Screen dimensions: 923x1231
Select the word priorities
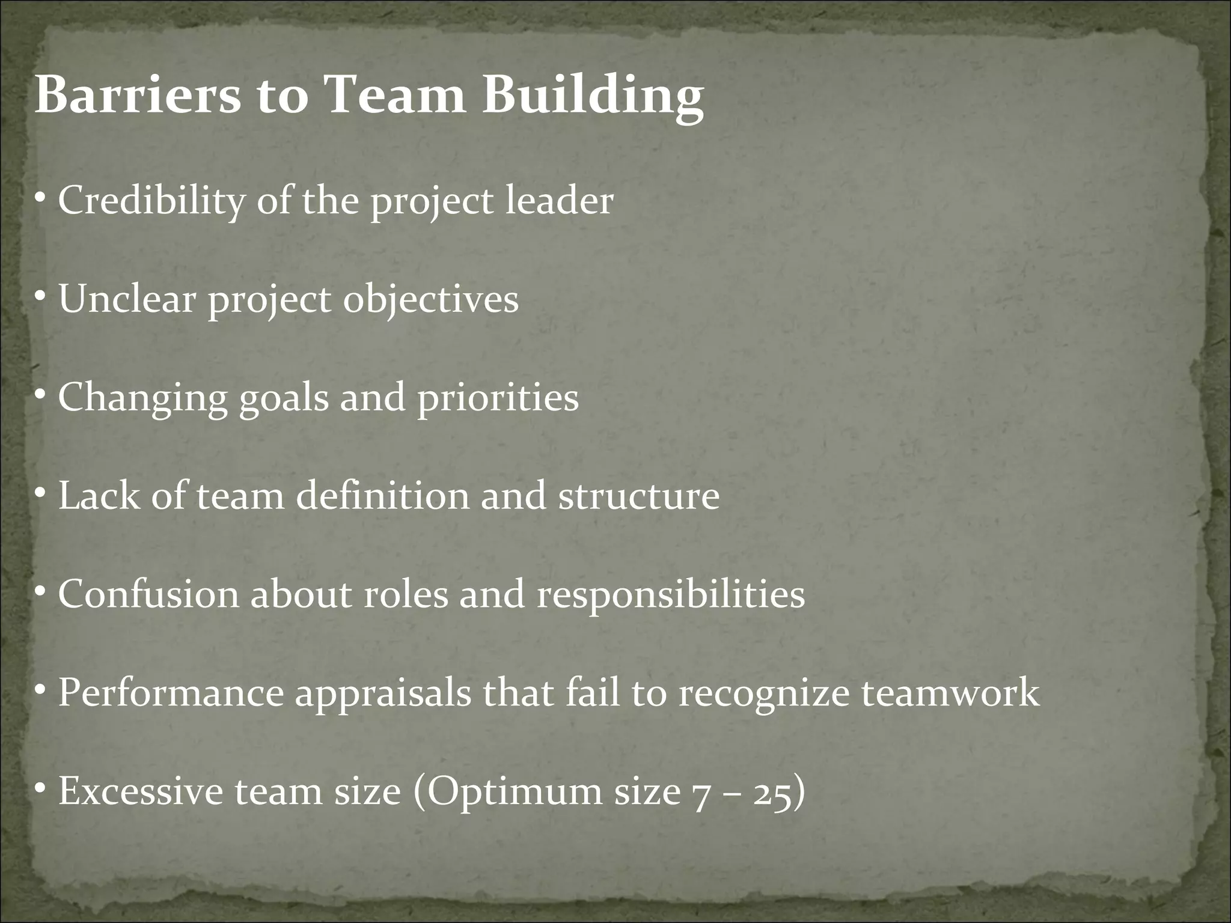(498, 398)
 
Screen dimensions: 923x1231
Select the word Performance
(171, 693)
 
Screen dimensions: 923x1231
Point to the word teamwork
(950, 693)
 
